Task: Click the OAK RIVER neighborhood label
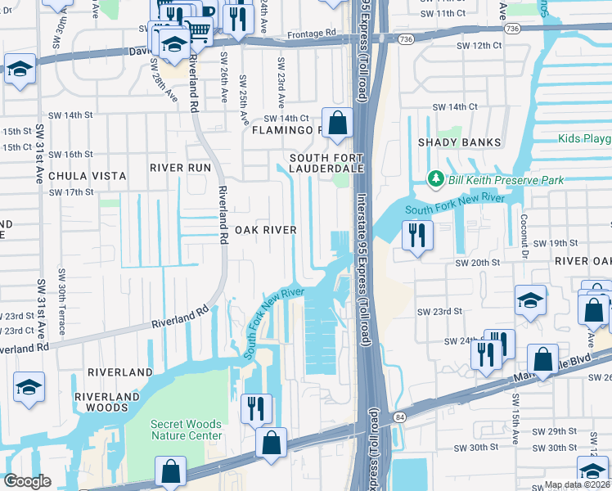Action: pyautogui.click(x=265, y=230)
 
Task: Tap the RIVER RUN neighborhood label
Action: pyautogui.click(x=180, y=167)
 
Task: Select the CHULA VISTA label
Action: pyautogui.click(x=87, y=176)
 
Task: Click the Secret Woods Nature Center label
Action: pyautogui.click(x=187, y=430)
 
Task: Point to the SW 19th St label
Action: pyautogui.click(x=556, y=243)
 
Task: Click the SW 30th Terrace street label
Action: pyautogui.click(x=61, y=301)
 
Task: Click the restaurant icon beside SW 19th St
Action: pyautogui.click(x=417, y=236)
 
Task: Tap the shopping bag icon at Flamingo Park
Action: pyautogui.click(x=336, y=124)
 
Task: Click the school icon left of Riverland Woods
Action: pyautogui.click(x=29, y=388)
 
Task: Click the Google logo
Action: pyautogui.click(x=27, y=481)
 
